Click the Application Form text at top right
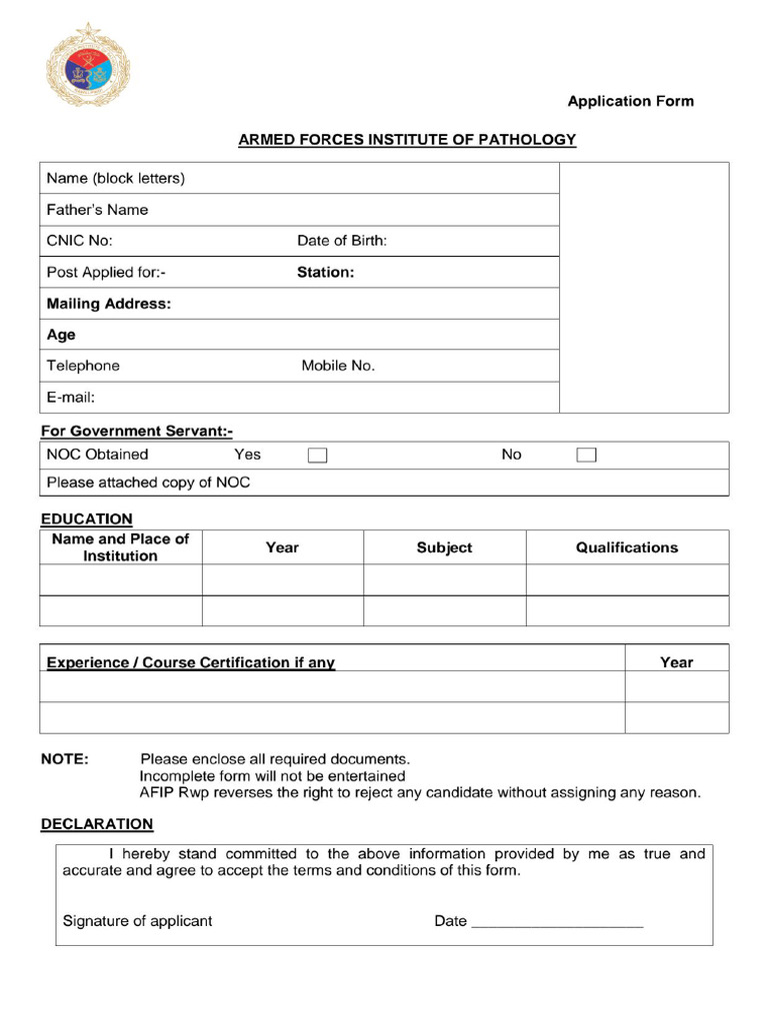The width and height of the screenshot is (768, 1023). click(630, 101)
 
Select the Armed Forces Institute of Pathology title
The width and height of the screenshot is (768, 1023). click(407, 140)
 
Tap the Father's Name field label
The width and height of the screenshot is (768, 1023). click(97, 210)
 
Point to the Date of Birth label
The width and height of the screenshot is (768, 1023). click(342, 241)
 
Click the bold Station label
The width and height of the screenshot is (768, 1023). click(325, 272)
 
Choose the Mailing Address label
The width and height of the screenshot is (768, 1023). click(109, 304)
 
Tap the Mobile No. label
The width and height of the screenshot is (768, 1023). click(338, 366)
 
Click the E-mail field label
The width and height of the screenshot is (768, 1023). click(71, 398)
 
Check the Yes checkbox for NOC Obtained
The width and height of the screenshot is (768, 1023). click(317, 456)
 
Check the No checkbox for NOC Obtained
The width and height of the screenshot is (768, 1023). click(586, 456)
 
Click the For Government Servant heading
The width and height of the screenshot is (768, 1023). click(136, 432)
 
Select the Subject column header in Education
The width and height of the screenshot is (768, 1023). click(444, 547)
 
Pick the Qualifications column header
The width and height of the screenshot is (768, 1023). click(627, 547)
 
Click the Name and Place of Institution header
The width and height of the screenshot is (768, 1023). click(120, 547)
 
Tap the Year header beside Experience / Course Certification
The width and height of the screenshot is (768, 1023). click(676, 662)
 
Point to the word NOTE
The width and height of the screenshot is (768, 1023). click(64, 759)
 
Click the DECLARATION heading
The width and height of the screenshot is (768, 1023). click(97, 824)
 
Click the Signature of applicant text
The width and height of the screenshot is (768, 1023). click(137, 921)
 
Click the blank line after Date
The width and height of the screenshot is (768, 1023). click(557, 925)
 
